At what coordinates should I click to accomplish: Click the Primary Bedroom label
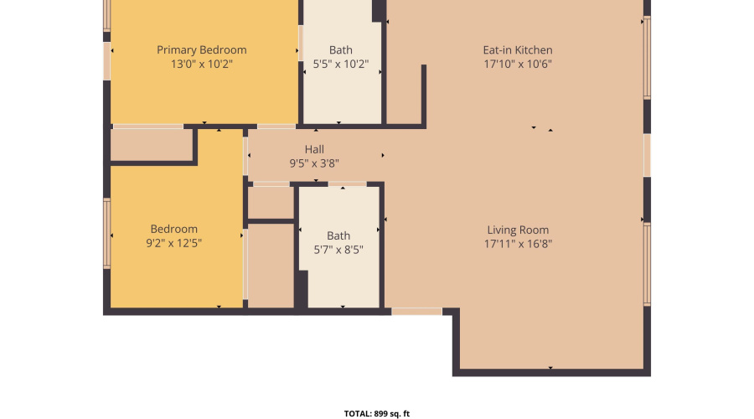[202, 50]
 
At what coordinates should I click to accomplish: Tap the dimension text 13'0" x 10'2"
[202, 64]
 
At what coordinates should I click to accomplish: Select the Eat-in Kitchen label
[518, 50]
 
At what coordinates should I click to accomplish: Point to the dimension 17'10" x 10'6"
[518, 64]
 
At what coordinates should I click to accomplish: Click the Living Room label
[518, 230]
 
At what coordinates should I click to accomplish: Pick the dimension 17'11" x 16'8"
[518, 244]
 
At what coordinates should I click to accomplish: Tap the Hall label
[314, 150]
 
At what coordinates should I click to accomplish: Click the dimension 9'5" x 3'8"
[314, 163]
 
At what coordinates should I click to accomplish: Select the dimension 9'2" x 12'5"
[174, 243]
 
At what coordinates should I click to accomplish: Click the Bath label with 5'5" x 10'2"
[341, 50]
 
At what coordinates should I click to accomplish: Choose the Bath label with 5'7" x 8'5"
[338, 235]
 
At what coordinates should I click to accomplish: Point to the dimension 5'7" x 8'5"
[338, 249]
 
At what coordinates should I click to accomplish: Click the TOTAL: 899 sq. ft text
[377, 413]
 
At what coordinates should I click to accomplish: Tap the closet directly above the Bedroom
[151, 145]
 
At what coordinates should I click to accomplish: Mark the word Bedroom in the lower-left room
[174, 230]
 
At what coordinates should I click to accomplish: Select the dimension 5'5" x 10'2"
[341, 64]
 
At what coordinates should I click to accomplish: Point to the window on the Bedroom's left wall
[106, 233]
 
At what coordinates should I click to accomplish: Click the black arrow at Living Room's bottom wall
[550, 368]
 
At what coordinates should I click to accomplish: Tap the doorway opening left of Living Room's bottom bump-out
[416, 312]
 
